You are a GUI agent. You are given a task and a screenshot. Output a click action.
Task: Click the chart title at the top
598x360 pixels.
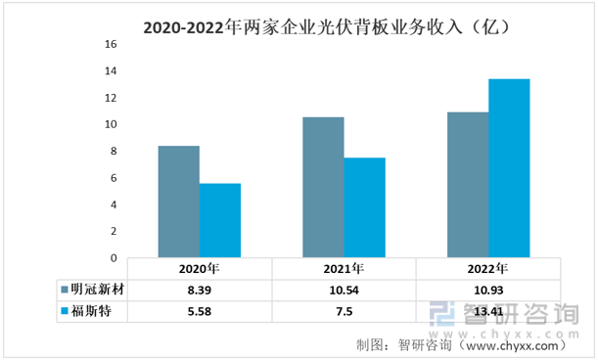point(327,27)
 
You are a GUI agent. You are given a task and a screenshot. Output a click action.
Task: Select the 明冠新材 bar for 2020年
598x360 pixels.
point(179,202)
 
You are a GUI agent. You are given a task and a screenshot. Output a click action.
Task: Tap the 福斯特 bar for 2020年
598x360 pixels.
point(220,220)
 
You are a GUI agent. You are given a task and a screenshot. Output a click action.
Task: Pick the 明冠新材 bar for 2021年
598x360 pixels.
point(323,187)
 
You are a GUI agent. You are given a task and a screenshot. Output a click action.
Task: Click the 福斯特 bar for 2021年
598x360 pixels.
point(365,207)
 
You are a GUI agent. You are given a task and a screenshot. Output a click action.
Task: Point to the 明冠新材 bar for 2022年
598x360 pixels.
point(468,185)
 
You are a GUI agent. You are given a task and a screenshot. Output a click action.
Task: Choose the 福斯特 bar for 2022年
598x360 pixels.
point(509,168)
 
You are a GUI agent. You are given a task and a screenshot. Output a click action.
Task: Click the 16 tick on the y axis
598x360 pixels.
point(111,44)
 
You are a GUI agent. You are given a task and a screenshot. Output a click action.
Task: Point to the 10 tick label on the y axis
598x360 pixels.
point(111,124)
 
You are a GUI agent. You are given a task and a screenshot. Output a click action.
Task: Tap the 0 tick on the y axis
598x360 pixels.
point(114,258)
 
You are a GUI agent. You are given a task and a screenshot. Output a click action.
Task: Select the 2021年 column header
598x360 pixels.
point(344,269)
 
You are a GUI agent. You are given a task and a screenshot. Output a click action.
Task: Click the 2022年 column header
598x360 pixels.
point(487,269)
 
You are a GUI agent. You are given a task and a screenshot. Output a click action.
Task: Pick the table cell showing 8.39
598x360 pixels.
point(200,291)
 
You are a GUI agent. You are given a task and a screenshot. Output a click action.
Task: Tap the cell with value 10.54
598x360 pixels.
point(344,291)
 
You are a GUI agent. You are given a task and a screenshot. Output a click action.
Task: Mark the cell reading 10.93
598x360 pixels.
point(488,291)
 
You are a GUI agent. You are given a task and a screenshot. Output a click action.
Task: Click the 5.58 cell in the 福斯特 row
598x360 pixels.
point(200,311)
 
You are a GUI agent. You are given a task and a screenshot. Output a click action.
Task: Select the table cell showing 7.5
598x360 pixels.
point(344,311)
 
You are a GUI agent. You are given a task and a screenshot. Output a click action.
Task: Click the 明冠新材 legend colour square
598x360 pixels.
point(65,290)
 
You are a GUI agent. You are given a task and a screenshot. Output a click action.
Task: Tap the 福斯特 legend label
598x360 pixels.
point(91,311)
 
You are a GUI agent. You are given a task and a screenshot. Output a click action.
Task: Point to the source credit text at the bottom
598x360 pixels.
point(462,345)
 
